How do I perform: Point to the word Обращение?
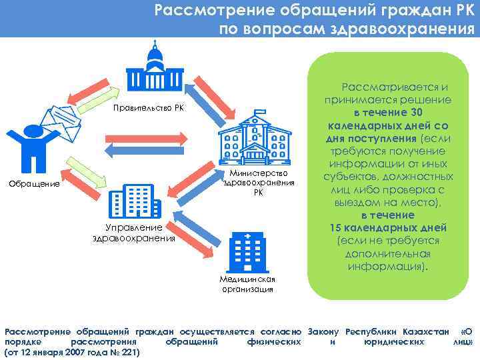coord(33,183)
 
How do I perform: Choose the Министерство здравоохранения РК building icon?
coord(254,139)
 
